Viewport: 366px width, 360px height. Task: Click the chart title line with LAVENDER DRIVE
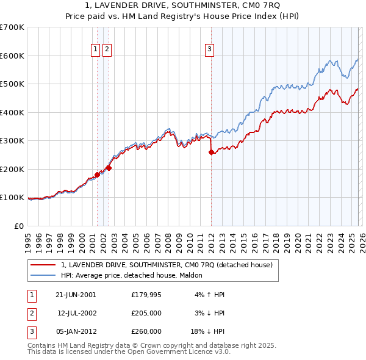click(183, 5)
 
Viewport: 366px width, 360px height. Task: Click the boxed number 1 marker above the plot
click(96, 50)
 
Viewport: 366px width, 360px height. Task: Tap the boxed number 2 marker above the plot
click(107, 50)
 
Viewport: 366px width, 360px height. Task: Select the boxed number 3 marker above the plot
click(210, 50)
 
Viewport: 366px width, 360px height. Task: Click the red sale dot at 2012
click(211, 153)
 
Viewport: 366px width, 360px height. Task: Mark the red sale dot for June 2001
click(97, 175)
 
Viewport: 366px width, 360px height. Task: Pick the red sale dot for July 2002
click(109, 168)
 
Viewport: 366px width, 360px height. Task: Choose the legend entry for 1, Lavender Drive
click(170, 265)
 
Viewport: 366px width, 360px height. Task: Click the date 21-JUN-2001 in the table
click(76, 295)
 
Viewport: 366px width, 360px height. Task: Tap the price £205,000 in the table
click(146, 313)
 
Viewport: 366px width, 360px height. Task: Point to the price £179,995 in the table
click(146, 295)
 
